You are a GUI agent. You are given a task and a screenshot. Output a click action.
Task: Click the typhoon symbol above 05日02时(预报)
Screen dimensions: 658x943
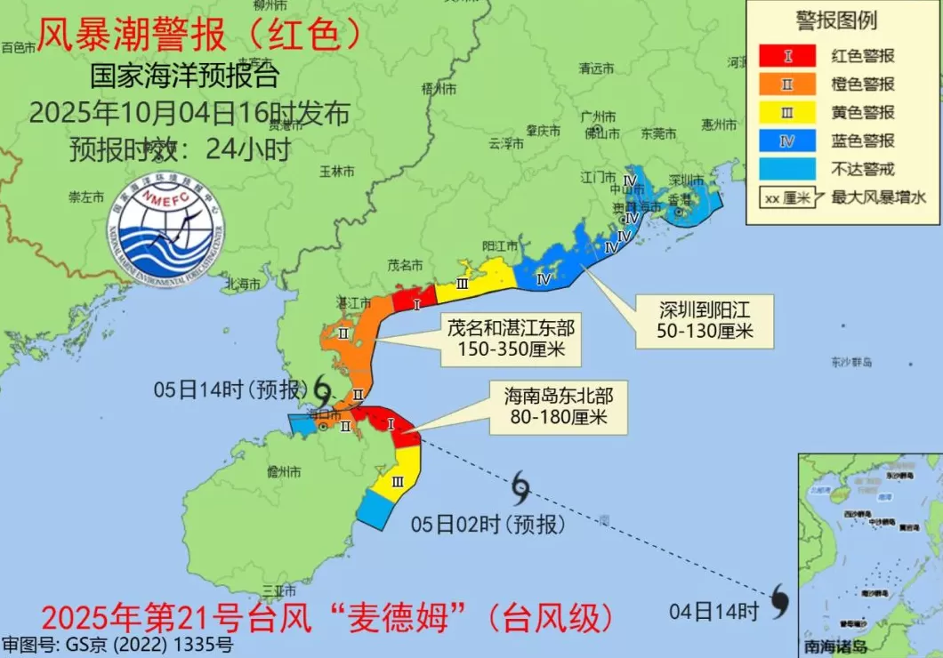tap(521, 487)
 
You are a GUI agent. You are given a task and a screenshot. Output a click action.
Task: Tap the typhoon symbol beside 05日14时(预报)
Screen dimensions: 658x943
tap(323, 388)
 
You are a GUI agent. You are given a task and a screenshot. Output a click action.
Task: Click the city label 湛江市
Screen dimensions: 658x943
tap(352, 303)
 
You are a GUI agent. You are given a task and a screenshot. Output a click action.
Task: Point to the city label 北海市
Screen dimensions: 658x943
tap(243, 285)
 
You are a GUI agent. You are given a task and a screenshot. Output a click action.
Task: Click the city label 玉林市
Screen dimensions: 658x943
tap(337, 170)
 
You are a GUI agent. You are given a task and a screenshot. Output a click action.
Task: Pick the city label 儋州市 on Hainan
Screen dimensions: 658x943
tap(284, 472)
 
